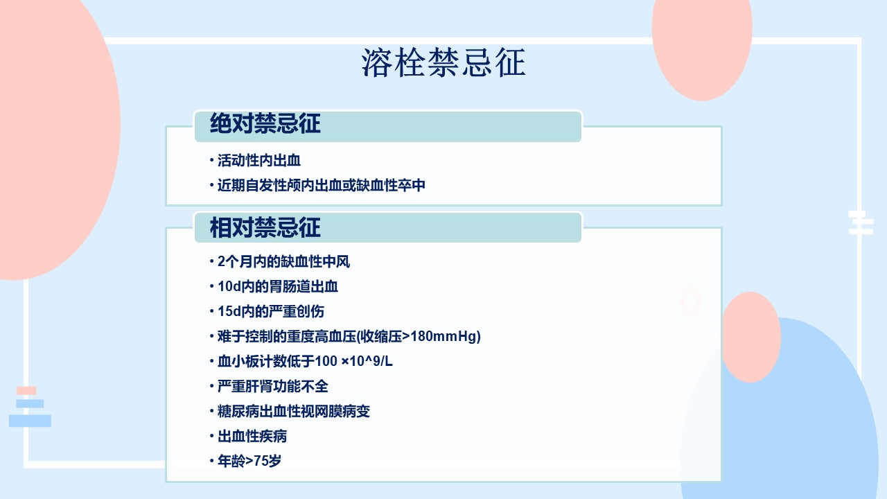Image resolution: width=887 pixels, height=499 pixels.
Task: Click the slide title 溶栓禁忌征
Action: point(443,62)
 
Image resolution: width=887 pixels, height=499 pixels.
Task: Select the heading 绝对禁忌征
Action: point(265,123)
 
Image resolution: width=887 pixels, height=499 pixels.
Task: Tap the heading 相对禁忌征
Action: point(265,228)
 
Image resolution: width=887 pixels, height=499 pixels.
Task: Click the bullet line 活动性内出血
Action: point(259,160)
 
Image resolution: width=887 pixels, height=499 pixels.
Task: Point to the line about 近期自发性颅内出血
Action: point(321,185)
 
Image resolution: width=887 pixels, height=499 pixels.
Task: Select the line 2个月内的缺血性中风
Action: point(283,262)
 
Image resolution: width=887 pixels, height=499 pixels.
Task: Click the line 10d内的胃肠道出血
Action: point(278,287)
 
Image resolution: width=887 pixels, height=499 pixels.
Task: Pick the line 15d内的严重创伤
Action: point(271,312)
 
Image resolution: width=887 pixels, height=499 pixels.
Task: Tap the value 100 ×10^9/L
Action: point(353,361)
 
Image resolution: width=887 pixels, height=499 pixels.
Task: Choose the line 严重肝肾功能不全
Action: point(273,387)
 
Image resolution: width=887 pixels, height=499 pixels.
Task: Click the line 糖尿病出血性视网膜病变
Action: point(293,412)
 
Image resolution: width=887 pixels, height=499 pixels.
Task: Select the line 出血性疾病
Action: point(252,437)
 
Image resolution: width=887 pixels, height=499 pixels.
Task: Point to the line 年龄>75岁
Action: point(249,461)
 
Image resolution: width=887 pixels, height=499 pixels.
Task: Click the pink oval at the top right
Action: point(702,44)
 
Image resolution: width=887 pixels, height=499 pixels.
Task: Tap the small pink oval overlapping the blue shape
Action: point(750,337)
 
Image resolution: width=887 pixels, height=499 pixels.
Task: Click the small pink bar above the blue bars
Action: point(26,390)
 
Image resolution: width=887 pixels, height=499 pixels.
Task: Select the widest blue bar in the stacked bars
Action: point(30,421)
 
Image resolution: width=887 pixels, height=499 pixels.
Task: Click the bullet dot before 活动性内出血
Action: point(212,160)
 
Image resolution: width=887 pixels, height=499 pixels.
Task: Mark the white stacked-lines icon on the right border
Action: point(861,222)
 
